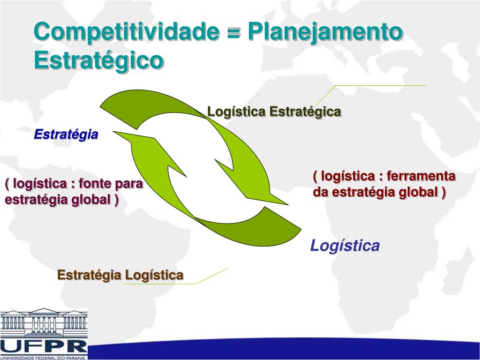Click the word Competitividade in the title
click(x=127, y=32)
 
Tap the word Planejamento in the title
click(x=324, y=32)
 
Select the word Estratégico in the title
click(x=99, y=60)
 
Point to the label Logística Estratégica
click(x=274, y=112)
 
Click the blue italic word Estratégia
click(x=66, y=135)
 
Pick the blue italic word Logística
click(x=345, y=245)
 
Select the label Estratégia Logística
click(x=120, y=275)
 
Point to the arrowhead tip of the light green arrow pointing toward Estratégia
click(x=114, y=133)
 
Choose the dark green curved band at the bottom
click(x=262, y=227)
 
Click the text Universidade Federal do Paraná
click(x=44, y=358)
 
